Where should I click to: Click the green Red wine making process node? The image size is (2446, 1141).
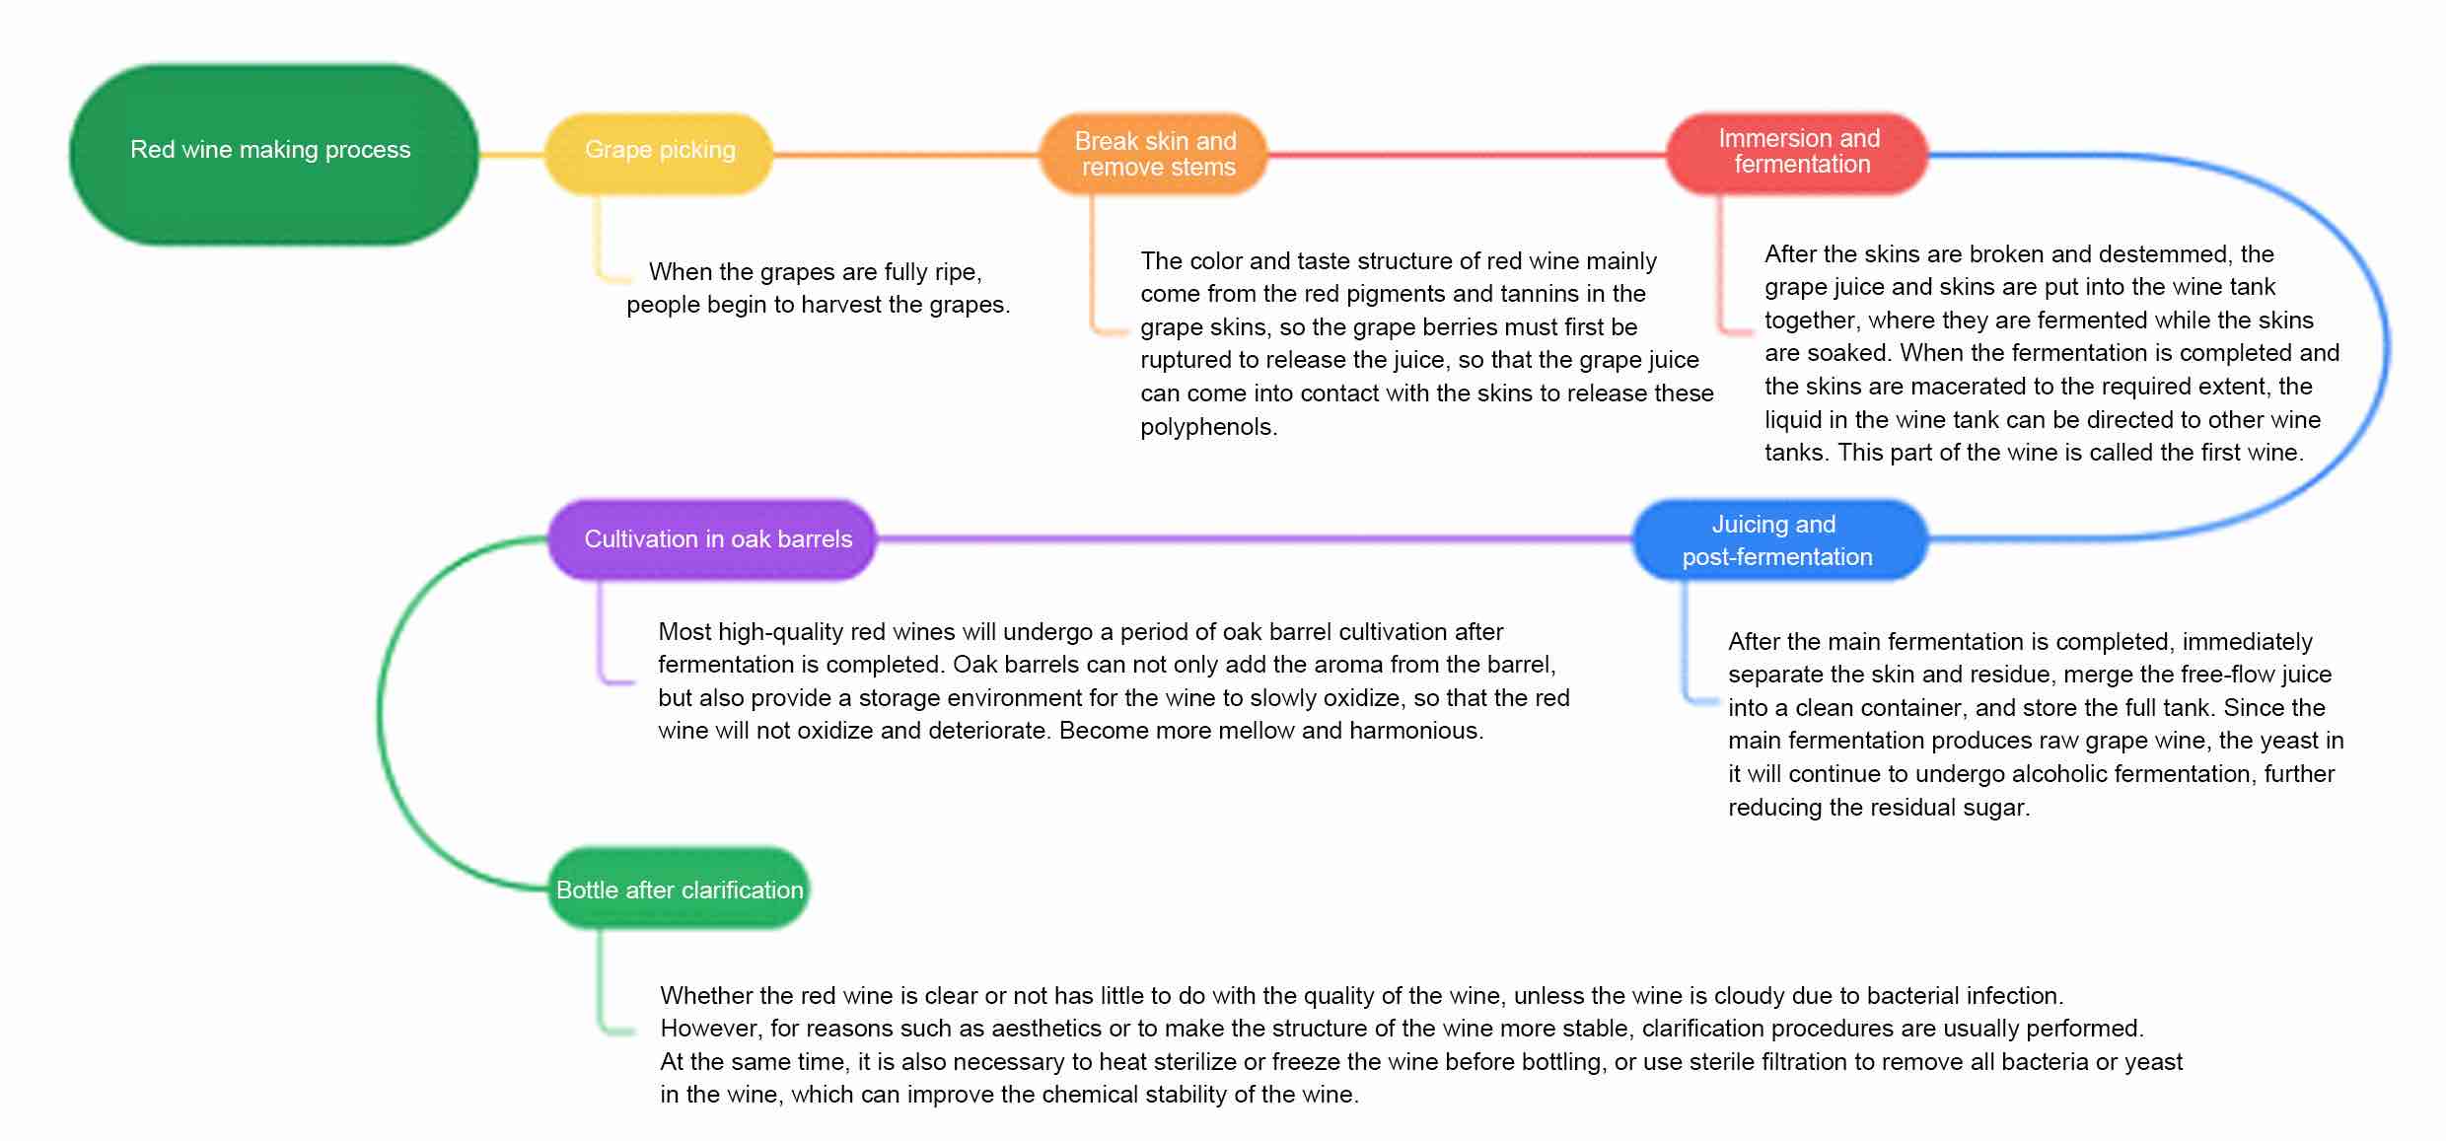tap(274, 155)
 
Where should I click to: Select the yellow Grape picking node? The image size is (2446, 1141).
tap(659, 154)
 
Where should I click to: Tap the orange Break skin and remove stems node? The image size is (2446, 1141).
tap(1154, 154)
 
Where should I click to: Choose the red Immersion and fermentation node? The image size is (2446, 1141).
tap(1797, 154)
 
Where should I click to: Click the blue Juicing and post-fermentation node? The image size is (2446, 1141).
tap(1780, 540)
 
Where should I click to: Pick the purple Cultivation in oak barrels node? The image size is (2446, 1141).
tap(712, 539)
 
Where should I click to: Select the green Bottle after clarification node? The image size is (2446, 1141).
tap(679, 889)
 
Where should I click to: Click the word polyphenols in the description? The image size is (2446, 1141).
tap(1207, 427)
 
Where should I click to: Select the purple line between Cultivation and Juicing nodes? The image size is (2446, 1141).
tap(1255, 539)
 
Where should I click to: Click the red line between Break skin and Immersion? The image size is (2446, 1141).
tap(1467, 155)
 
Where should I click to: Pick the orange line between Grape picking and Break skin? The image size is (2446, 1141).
tap(906, 155)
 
